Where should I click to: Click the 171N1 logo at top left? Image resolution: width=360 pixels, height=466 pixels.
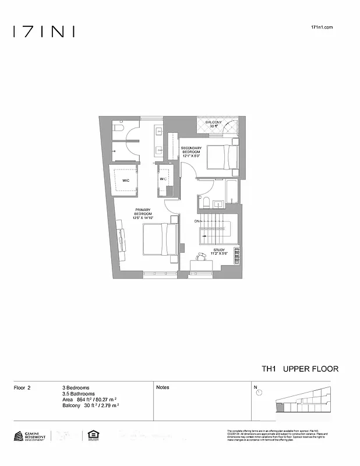tap(44, 31)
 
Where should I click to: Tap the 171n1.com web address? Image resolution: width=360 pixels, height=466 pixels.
tap(322, 27)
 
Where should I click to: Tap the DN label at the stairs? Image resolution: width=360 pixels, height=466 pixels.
tap(197, 222)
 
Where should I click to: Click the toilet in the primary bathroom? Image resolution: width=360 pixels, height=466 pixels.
tap(118, 127)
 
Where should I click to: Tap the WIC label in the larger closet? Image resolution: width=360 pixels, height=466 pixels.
tap(125, 181)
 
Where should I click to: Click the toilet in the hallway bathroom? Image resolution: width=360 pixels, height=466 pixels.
tap(205, 202)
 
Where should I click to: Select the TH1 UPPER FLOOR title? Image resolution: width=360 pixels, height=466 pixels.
tap(299, 369)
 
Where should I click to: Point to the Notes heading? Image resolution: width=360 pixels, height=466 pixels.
tap(163, 387)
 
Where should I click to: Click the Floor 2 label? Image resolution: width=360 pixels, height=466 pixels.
tap(22, 387)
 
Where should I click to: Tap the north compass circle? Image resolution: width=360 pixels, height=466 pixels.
tap(259, 392)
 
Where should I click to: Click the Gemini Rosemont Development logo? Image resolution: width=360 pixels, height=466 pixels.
tap(29, 436)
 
